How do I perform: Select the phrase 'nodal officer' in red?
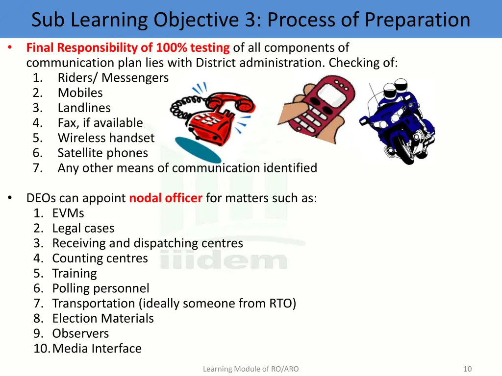[165, 198]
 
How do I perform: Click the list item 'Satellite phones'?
[102, 153]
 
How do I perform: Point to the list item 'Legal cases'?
[83, 229]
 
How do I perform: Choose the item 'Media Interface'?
[97, 349]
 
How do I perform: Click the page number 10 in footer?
[467, 369]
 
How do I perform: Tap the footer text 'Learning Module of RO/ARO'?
[251, 369]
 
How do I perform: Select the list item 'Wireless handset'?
[106, 138]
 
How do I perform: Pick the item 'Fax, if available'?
[100, 123]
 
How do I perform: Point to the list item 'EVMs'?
[68, 213]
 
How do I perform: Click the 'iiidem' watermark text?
[224, 260]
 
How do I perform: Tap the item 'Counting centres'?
[100, 258]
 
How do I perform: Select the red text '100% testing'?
[193, 48]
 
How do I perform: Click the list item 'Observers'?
[80, 334]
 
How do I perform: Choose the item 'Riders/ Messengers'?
[113, 78]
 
